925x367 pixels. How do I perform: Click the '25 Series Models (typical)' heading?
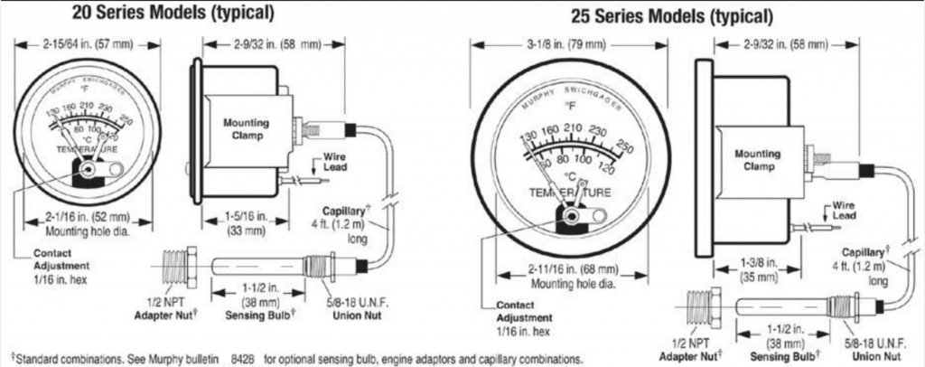coord(672,16)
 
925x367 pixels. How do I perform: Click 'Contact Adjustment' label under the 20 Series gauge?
coord(61,267)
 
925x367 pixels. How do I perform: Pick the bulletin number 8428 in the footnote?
coord(246,355)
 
